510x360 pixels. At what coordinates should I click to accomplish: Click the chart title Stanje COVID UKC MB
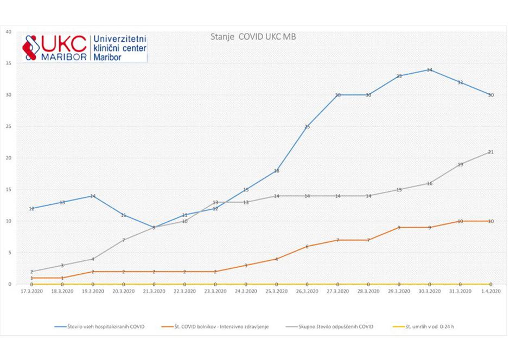pyautogui.click(x=253, y=37)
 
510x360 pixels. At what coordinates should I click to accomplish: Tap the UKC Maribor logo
pyautogui.click(x=84, y=48)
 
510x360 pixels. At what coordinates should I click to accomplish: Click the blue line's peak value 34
pyautogui.click(x=429, y=70)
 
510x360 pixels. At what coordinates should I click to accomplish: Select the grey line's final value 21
pyautogui.click(x=490, y=152)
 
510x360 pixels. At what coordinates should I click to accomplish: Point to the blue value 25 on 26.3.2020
pyautogui.click(x=307, y=127)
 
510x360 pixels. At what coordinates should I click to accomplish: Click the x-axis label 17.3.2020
pyautogui.click(x=31, y=291)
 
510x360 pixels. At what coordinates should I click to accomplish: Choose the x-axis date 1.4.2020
pyautogui.click(x=490, y=291)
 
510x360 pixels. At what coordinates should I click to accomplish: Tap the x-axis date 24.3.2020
pyautogui.click(x=246, y=291)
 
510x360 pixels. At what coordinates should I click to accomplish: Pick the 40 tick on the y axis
pyautogui.click(x=8, y=31)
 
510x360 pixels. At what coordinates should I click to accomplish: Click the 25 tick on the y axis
pyautogui.click(x=8, y=126)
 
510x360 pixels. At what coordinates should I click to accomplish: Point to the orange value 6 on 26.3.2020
pyautogui.click(x=307, y=247)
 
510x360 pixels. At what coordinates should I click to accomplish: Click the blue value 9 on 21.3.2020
pyautogui.click(x=154, y=228)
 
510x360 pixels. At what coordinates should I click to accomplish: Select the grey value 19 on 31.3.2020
pyautogui.click(x=460, y=165)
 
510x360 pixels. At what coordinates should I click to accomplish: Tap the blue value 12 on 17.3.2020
pyautogui.click(x=31, y=209)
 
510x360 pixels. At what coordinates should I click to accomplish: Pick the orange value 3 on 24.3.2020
pyautogui.click(x=246, y=266)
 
